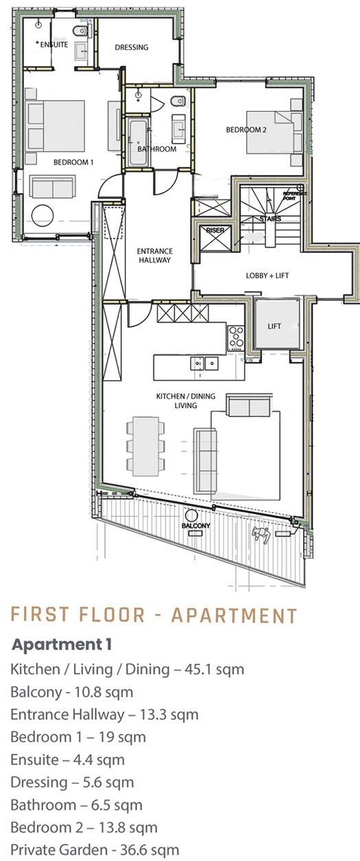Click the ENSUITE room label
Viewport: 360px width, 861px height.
54,45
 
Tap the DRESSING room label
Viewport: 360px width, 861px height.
132,47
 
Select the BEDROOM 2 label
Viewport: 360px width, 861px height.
246,130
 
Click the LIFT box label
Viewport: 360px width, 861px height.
274,326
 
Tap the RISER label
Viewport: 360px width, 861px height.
215,230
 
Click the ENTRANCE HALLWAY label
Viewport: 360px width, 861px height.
154,255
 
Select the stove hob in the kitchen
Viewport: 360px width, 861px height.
237,337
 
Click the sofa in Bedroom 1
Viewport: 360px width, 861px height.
53,187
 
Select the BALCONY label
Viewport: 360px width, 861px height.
195,526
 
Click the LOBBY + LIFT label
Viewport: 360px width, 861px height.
267,276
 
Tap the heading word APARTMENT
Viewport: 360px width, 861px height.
234,615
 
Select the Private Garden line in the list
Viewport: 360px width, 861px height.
95,849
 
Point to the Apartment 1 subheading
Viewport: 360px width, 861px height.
62,644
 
